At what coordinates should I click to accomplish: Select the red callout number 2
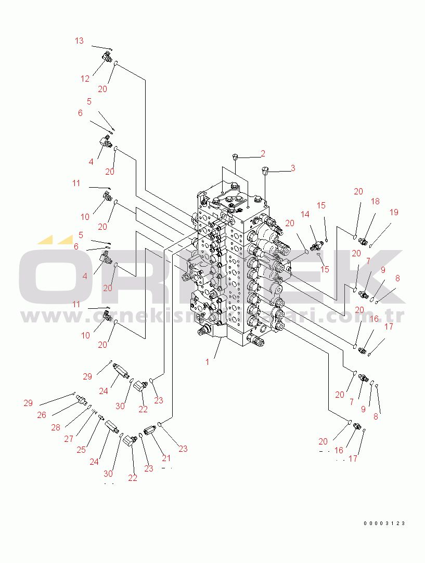click(263, 153)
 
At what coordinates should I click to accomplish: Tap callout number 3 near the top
click(292, 168)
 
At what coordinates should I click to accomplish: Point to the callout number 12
click(85, 79)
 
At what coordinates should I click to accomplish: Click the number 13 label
click(79, 41)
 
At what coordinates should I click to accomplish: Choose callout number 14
click(305, 214)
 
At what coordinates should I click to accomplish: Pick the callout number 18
click(375, 201)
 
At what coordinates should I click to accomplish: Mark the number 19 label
click(394, 212)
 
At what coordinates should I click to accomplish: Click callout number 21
click(166, 458)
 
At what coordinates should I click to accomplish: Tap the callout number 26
click(42, 415)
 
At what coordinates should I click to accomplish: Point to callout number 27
click(69, 439)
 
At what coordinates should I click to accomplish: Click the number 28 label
click(56, 427)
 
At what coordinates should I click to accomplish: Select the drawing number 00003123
click(384, 523)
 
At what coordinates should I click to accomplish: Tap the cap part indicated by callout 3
click(265, 170)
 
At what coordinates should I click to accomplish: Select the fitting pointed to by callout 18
click(363, 241)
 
